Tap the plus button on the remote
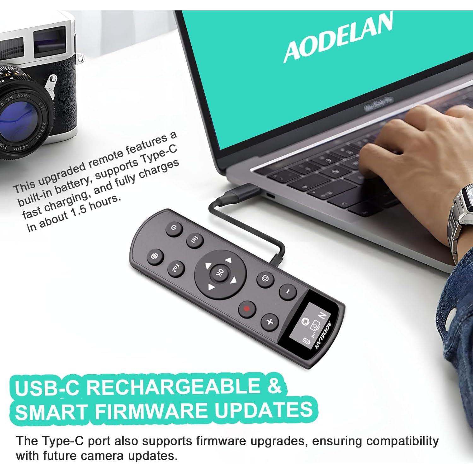pos(270,322)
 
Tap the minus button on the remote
pos(288,292)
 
